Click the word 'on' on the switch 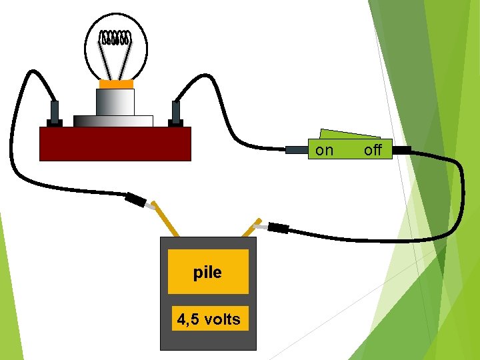click(324, 150)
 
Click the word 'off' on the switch click(373, 150)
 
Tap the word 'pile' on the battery click(207, 272)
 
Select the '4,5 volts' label click(209, 319)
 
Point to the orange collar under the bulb click(116, 85)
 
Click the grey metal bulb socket click(115, 102)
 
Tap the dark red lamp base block click(115, 144)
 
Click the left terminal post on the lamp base click(55, 113)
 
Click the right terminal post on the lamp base click(176, 113)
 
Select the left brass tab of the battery click(165, 219)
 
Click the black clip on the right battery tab click(277, 229)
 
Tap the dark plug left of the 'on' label click(296, 150)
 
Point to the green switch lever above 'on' click(347, 135)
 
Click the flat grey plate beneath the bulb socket click(113, 121)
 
